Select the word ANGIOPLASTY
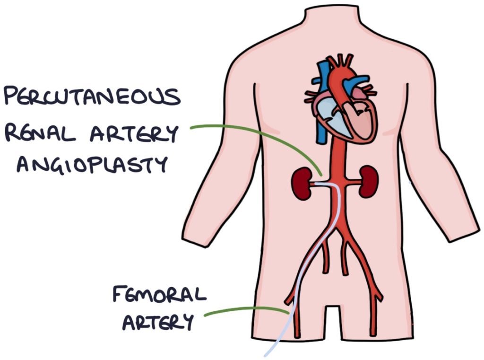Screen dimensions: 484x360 click(x=92, y=165)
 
